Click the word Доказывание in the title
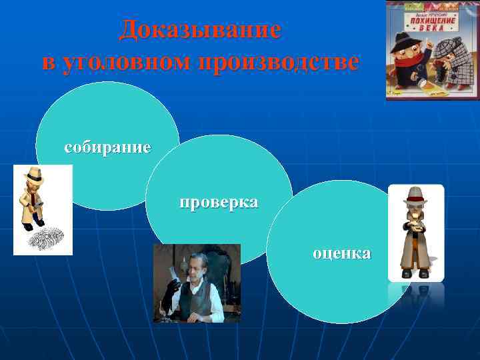click(201, 30)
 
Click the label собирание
click(107, 147)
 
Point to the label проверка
click(219, 202)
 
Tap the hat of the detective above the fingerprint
click(33, 175)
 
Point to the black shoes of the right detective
click(415, 273)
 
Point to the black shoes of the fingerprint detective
click(33, 224)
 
